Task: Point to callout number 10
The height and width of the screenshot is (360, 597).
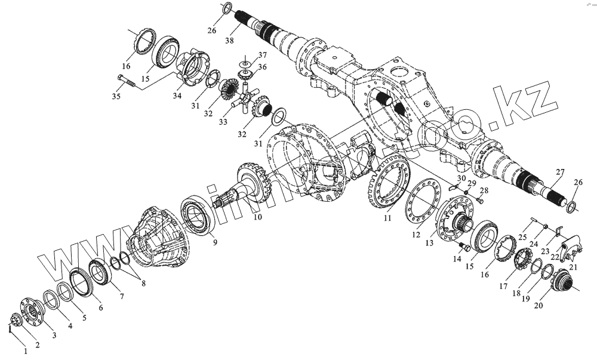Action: click(257, 219)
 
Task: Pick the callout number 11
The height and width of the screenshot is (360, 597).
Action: click(387, 219)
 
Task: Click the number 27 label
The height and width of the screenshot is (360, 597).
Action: click(559, 173)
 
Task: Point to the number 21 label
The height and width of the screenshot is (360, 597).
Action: click(573, 267)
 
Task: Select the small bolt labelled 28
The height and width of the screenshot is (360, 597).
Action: click(479, 201)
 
